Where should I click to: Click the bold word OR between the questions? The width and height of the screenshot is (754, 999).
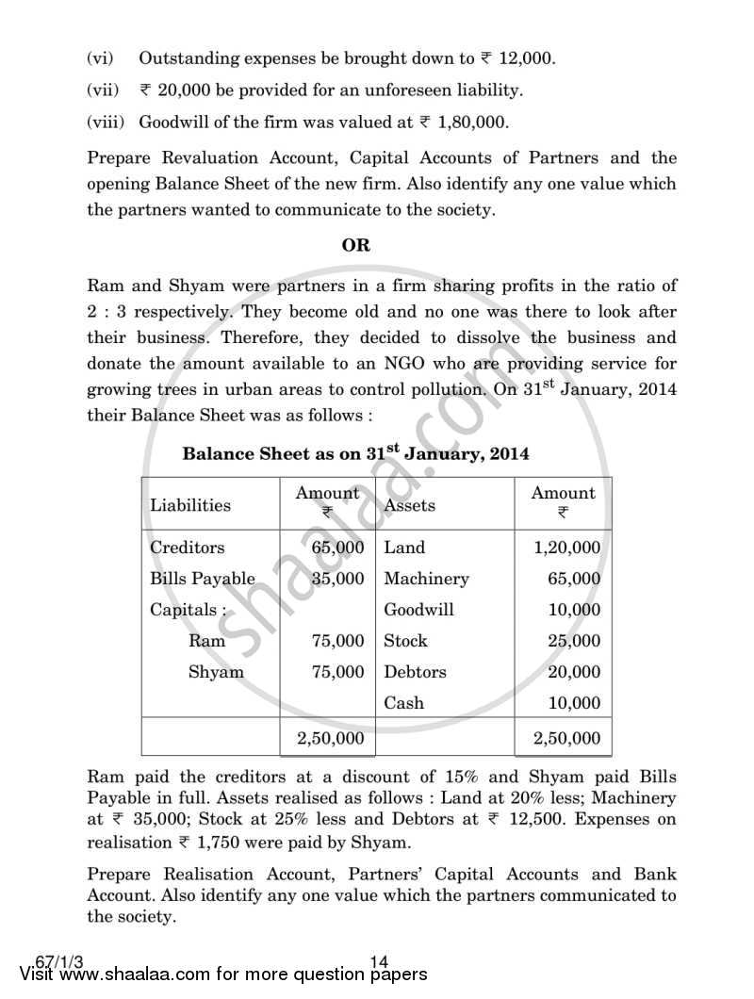(355, 245)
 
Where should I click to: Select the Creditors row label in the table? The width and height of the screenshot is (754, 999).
(187, 548)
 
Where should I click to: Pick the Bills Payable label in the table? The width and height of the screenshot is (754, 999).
(202, 579)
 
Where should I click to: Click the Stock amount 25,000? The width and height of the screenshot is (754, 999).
(573, 641)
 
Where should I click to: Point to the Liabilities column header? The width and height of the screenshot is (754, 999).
(189, 505)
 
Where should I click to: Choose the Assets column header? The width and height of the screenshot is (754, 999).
(410, 505)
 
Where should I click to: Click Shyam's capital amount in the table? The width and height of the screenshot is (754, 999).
(337, 672)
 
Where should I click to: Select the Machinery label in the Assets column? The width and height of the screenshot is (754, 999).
(426, 579)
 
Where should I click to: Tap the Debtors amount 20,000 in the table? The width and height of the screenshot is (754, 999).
(573, 672)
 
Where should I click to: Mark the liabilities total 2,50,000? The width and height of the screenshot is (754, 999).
(330, 739)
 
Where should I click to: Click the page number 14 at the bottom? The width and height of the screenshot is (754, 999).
(379, 961)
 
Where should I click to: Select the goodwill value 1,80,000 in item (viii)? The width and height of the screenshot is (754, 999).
(472, 122)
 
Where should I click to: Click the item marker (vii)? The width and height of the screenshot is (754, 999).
(104, 90)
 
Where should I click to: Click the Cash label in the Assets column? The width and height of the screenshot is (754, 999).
(403, 703)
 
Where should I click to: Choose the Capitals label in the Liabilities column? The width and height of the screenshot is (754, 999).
(188, 610)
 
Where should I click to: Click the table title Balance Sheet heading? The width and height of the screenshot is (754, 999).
(355, 453)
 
